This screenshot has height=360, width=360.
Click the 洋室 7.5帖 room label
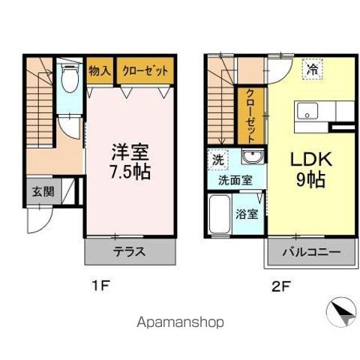[130, 160]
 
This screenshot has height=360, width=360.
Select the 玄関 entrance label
[43, 191]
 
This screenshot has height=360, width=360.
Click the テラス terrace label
[128, 251]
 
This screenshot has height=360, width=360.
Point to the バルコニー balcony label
[312, 252]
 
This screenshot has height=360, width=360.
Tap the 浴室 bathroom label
[247, 214]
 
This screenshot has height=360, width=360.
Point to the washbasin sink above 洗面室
[253, 158]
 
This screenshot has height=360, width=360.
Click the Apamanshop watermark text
[180, 322]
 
